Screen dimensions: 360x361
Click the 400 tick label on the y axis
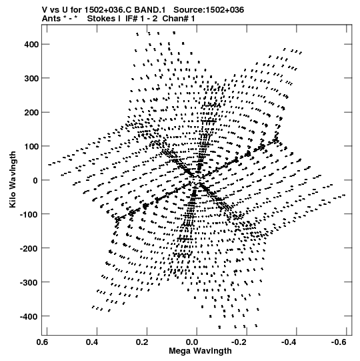pos(31,44)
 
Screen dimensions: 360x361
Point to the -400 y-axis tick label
pos(29,316)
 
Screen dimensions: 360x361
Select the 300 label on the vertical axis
pos(31,78)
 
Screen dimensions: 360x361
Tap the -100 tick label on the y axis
pos(29,214)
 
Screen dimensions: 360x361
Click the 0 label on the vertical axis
pos(35,180)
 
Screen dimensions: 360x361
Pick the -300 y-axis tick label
pos(29,282)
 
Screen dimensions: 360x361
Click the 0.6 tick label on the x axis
pos(42,342)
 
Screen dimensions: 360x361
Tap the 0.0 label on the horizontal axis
pos(192,342)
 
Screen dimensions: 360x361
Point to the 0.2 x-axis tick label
pos(142,342)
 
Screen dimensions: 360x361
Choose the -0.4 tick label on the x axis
pos(289,342)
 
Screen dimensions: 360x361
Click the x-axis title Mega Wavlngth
pos(200,351)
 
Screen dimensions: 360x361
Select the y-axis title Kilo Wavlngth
pos(13,179)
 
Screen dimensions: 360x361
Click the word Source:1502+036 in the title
pos(209,10)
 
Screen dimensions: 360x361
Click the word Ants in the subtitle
pos(51,19)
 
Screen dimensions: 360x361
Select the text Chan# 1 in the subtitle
pos(179,19)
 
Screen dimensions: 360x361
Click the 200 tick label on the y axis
pos(31,112)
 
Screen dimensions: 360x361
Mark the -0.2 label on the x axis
pos(239,342)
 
